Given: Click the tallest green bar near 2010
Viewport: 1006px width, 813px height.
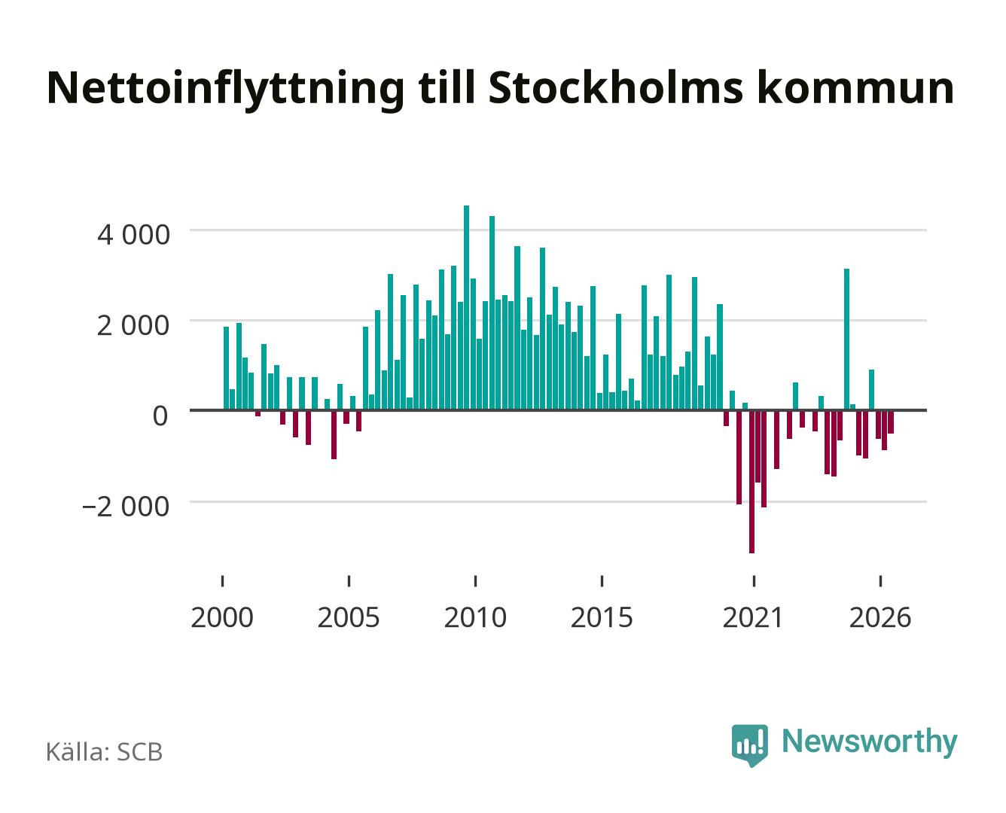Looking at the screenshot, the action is coord(466,307).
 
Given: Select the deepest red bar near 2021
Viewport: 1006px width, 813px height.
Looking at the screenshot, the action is coord(751,482).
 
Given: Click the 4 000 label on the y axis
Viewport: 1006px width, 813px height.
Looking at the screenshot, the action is coord(133,235).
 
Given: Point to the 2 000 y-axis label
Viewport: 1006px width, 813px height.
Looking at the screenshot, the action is coord(133,325).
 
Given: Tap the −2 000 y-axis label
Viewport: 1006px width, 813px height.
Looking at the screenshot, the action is coord(126,507).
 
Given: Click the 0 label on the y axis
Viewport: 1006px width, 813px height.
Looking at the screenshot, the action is coord(160,416).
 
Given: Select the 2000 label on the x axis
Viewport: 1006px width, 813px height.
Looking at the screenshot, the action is coord(222,617).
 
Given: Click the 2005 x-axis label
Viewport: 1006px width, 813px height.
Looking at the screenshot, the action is coord(349,617).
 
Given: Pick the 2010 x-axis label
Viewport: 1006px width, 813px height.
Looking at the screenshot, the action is coord(475,617).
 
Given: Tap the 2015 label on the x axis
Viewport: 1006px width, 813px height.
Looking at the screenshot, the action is coord(602,617).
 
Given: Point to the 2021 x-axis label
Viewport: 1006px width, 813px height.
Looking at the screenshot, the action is coord(753,617).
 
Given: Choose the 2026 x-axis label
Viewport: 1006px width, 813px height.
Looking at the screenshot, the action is coord(880,617).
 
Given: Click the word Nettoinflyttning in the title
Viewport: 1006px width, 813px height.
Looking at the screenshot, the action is coord(225,90).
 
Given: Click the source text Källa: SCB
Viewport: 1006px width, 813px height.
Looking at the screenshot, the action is coord(105,752).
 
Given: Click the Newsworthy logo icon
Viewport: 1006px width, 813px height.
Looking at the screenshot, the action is coord(749,745).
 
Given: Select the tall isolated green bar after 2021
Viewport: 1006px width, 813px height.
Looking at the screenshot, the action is coord(846,340).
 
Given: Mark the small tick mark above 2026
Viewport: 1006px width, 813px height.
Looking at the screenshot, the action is coord(880,581).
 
